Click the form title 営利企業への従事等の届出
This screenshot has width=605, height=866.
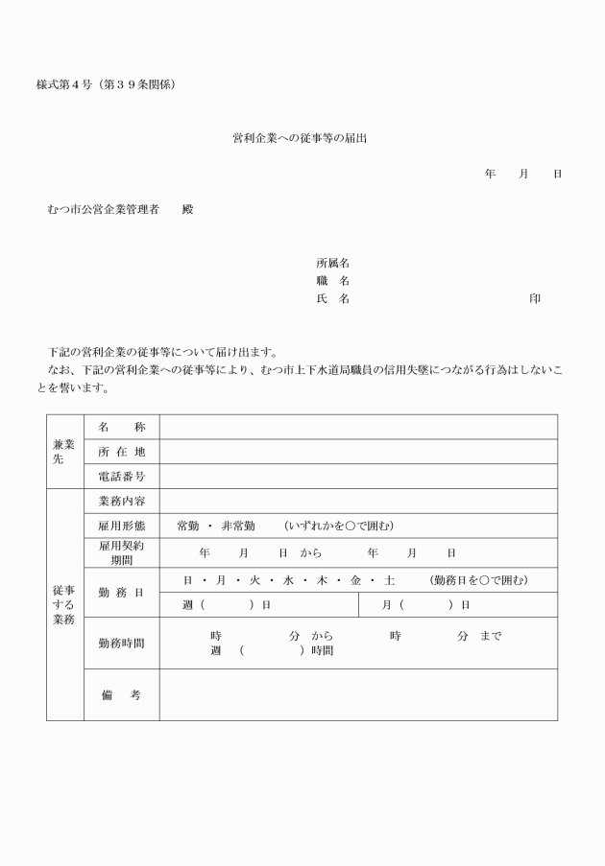[300, 139]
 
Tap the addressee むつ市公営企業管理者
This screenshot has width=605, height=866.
[103, 209]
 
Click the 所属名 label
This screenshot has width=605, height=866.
[332, 263]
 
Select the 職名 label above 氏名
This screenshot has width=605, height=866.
[332, 281]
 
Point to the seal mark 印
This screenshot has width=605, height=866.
[535, 299]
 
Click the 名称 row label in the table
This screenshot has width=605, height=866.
[121, 427]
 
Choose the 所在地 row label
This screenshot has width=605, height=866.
[121, 452]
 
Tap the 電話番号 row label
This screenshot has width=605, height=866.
[121, 477]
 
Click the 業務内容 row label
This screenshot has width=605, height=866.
[121, 501]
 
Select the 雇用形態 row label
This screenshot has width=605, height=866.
[121, 526]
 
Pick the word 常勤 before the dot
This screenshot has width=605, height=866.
[188, 526]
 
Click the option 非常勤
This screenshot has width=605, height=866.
[237, 526]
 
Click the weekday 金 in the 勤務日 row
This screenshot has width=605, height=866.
[355, 580]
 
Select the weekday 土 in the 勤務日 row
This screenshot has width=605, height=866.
[389, 580]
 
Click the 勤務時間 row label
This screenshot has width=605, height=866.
[121, 643]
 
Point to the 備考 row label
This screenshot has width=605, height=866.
[121, 695]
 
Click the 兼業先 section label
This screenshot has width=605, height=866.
[64, 452]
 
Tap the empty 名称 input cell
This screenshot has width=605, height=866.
[357, 427]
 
